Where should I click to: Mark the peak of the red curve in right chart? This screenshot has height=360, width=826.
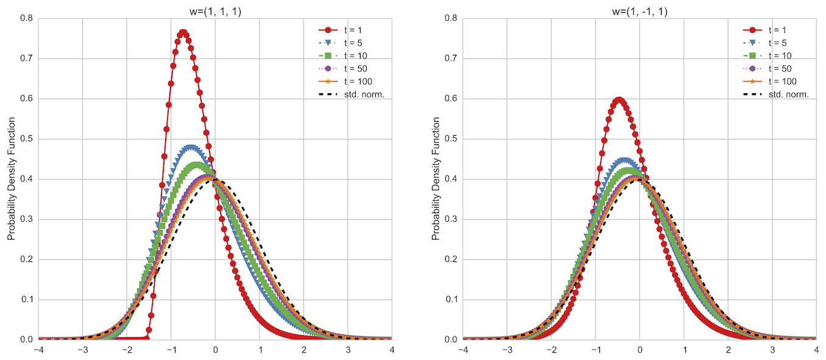tap(619, 100)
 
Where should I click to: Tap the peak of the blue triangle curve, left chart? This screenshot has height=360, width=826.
tap(191, 147)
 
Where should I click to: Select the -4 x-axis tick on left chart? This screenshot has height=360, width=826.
tap(38, 350)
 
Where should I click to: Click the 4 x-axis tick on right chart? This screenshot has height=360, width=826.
tap(816, 350)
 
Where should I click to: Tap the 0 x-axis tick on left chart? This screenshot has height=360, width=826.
tap(215, 350)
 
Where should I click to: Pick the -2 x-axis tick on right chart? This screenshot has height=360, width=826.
tap(551, 350)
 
